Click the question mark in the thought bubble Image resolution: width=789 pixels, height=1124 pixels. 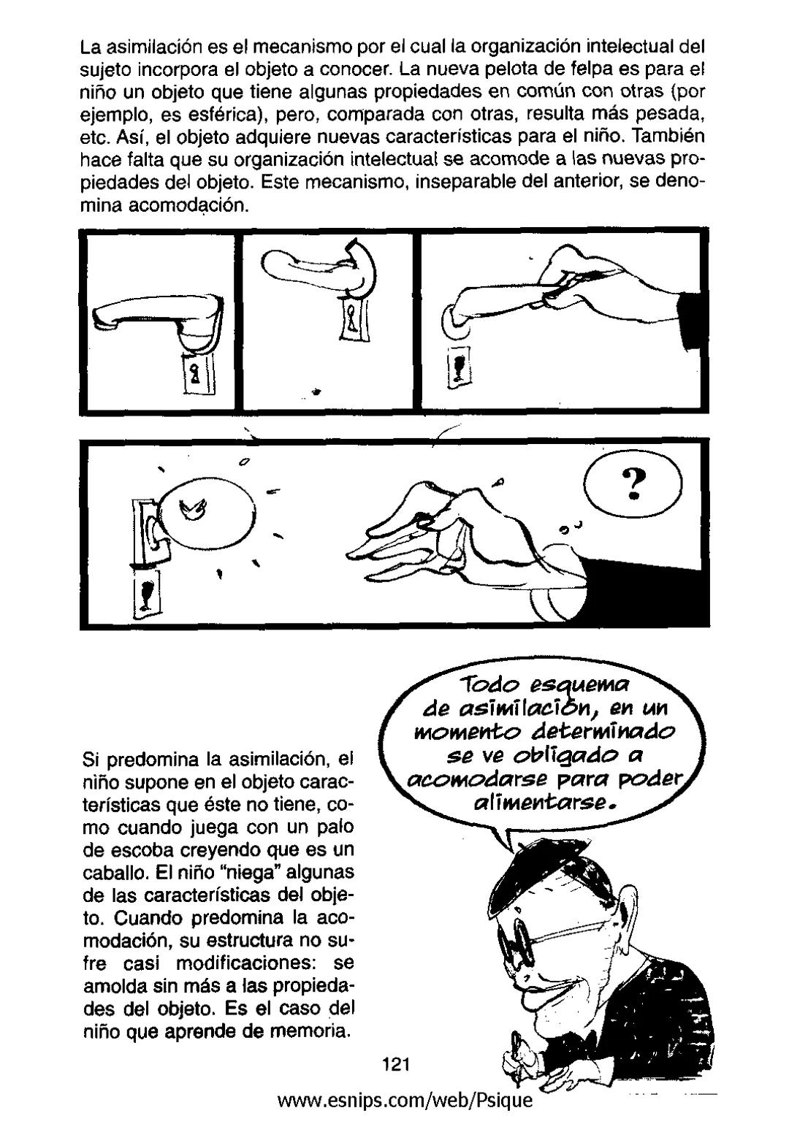pos(635,483)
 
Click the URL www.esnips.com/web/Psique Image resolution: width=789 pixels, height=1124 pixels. pos(402,1099)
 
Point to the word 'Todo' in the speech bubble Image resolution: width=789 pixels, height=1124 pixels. pos(488,687)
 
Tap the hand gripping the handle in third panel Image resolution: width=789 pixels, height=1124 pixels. pos(599,292)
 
